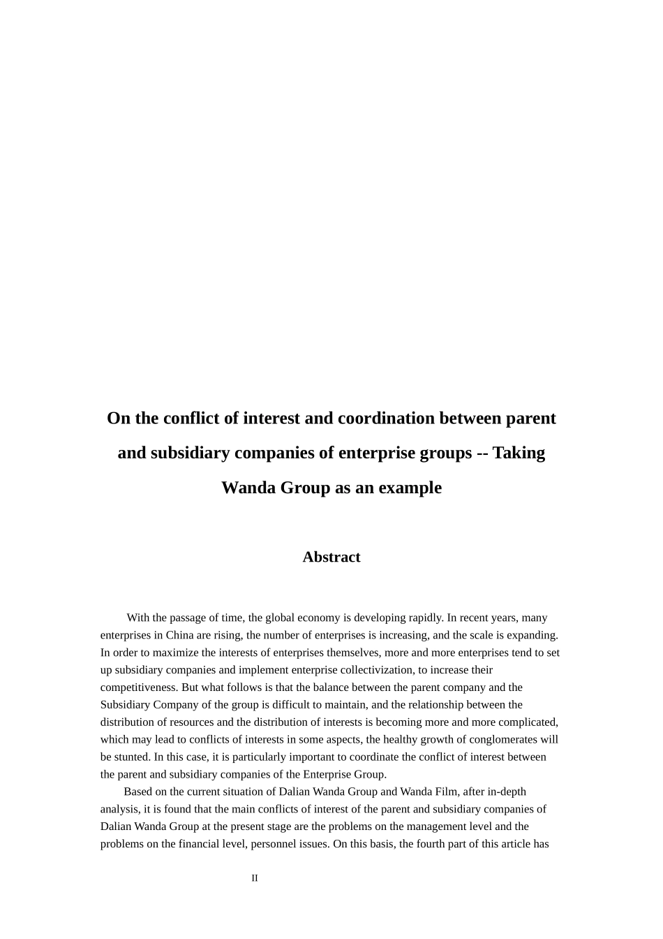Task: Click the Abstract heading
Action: (x=331, y=557)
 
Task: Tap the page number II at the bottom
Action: (x=255, y=878)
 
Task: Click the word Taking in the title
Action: (x=519, y=453)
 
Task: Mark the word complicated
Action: (x=529, y=722)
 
